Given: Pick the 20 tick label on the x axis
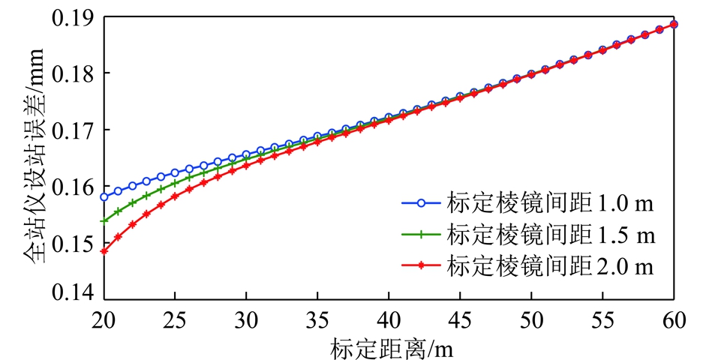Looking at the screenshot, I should click(104, 319).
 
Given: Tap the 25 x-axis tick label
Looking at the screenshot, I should click(175, 319).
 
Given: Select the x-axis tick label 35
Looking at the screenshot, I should click(317, 319).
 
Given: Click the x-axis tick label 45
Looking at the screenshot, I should click(460, 319).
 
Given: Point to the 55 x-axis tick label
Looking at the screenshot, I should click(602, 319).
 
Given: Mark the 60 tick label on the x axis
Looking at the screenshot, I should click(673, 319).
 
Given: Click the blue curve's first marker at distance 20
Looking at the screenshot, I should click(104, 197).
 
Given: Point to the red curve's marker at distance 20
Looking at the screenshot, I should click(104, 251).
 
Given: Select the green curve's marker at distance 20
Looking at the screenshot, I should click(104, 220).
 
